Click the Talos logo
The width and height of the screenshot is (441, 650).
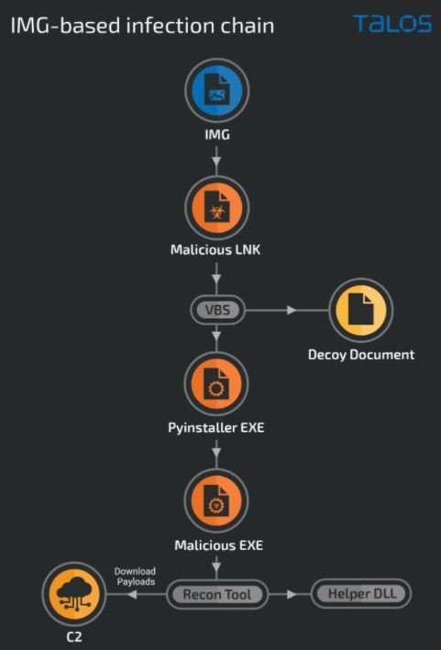(x=392, y=24)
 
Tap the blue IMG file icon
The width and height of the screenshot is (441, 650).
(x=216, y=90)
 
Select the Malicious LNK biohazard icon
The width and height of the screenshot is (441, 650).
(x=216, y=208)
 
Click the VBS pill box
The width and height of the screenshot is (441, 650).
(x=217, y=310)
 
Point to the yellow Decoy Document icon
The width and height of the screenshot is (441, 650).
(x=361, y=310)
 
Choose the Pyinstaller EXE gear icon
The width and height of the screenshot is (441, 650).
(x=216, y=384)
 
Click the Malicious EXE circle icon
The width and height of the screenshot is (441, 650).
(x=216, y=501)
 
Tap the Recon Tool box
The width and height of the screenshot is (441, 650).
(x=217, y=594)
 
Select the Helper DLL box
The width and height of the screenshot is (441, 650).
(x=361, y=594)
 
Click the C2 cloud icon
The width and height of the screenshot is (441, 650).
(x=74, y=594)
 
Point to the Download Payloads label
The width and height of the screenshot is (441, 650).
(x=136, y=577)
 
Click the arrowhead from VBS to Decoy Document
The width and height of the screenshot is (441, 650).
(x=292, y=310)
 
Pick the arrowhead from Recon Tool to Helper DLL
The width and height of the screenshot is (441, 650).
(x=292, y=594)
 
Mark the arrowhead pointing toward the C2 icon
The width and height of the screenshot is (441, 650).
(x=132, y=594)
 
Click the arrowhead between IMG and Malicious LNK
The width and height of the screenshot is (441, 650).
(x=216, y=160)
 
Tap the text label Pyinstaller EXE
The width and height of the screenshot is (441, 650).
(x=216, y=427)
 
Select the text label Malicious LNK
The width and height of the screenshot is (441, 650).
(x=215, y=250)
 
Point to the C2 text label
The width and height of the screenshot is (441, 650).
(x=74, y=637)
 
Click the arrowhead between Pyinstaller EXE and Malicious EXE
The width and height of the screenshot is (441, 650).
(x=216, y=451)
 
